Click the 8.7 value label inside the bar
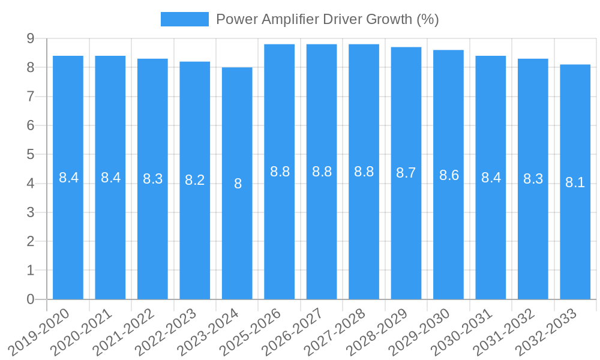coord(406,173)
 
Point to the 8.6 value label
coord(449,175)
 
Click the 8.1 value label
coord(575,182)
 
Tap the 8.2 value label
coord(195,180)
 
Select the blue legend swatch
coord(184,19)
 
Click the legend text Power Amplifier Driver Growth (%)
coord(328,19)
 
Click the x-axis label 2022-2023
coord(166,331)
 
